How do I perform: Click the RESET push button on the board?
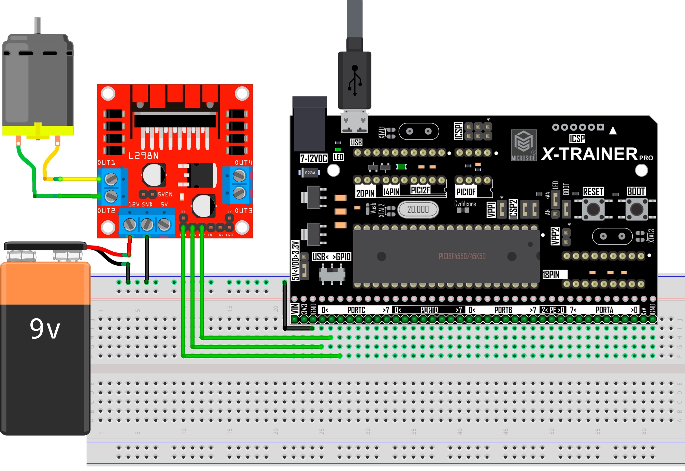pyautogui.click(x=593, y=209)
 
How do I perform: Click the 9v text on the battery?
pyautogui.click(x=45, y=329)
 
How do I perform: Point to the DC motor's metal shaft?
pyautogui.click(x=38, y=26)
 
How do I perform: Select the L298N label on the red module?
pyautogui.click(x=143, y=156)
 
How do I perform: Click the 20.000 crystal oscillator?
pyautogui.click(x=418, y=209)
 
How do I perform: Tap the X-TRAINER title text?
pyautogui.click(x=589, y=154)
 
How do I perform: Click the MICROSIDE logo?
pyautogui.click(x=524, y=145)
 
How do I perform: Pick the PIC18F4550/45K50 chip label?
pyautogui.click(x=462, y=256)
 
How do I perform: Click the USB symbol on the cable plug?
pyautogui.click(x=355, y=80)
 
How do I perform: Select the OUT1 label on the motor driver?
pyautogui.click(x=106, y=163)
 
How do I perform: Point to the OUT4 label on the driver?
pyautogui.click(x=243, y=163)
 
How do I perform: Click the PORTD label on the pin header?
pyautogui.click(x=429, y=310)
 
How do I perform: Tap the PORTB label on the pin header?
pyautogui.click(x=503, y=310)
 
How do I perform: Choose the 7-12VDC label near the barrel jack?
pyautogui.click(x=313, y=158)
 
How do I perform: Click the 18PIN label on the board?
pyautogui.click(x=551, y=275)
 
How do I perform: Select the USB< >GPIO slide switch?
pyautogui.click(x=332, y=274)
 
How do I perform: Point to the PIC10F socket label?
pyautogui.click(x=466, y=192)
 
